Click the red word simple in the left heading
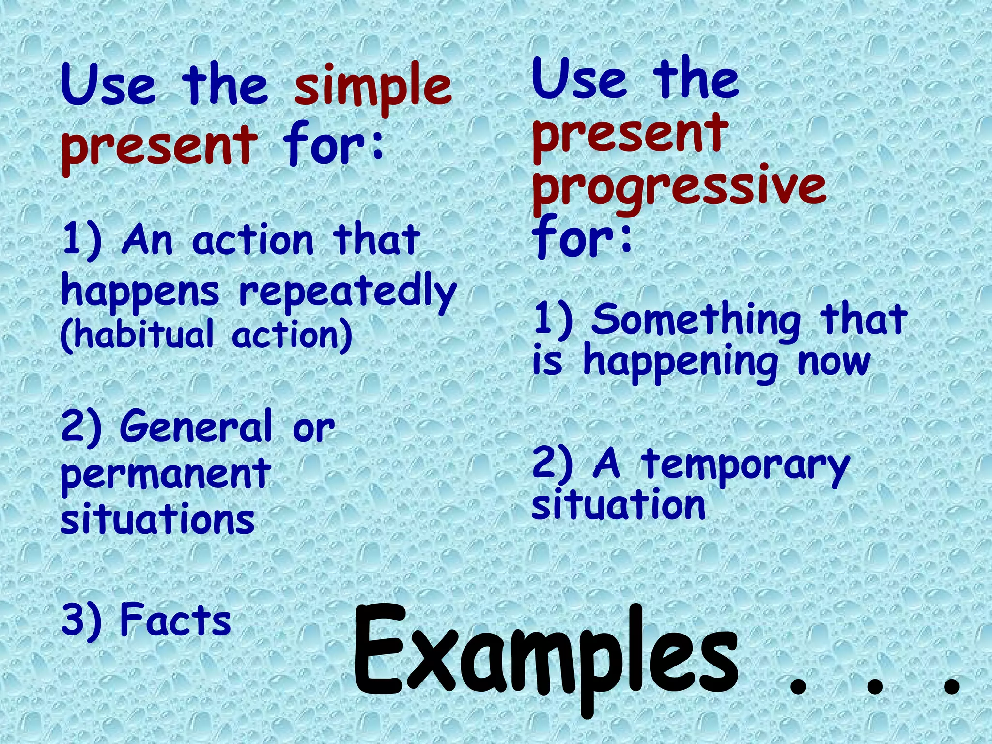373,87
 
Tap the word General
196,426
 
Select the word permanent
166,474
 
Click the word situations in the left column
157,519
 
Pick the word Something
696,320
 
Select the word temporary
745,465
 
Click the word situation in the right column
619,505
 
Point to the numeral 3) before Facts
81,620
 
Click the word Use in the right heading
580,80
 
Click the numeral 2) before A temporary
552,464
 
